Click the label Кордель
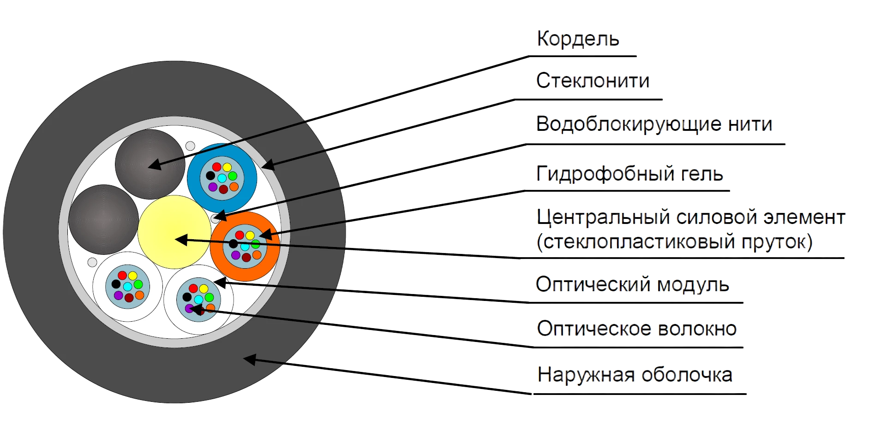pos(578,39)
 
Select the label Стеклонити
pos(593,81)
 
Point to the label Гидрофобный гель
pos(629,174)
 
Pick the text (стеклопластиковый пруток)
pos(675,241)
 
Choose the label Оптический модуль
pos(632,284)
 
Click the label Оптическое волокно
pos(637,329)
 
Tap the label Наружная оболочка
pos(635,375)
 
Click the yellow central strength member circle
pos(174,232)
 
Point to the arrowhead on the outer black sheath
pos(250,359)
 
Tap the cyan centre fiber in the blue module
pos(222,178)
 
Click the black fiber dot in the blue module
pos(210,176)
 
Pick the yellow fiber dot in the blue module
pos(227,167)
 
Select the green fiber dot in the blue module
pos(233,176)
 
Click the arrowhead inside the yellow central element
pos(181,239)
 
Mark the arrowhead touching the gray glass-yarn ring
pos(268,165)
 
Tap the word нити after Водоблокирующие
pos(750,124)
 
